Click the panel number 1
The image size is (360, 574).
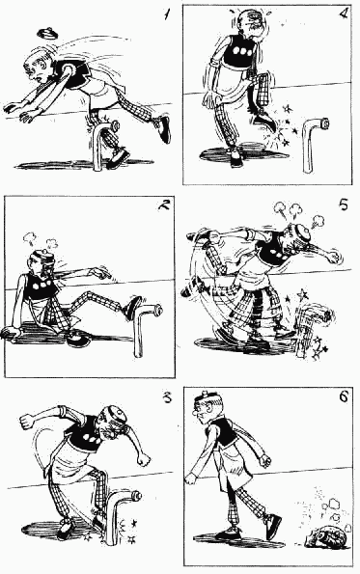click(167, 14)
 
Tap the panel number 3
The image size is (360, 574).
click(167, 397)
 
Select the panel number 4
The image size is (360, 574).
click(344, 14)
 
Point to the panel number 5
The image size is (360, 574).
click(344, 205)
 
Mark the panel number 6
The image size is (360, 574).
click(344, 397)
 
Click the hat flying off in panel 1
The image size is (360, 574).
click(47, 34)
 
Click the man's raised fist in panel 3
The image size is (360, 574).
click(27, 421)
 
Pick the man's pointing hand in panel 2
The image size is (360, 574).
click(100, 273)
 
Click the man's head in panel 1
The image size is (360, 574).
click(38, 67)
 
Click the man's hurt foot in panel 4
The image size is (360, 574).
click(264, 123)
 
